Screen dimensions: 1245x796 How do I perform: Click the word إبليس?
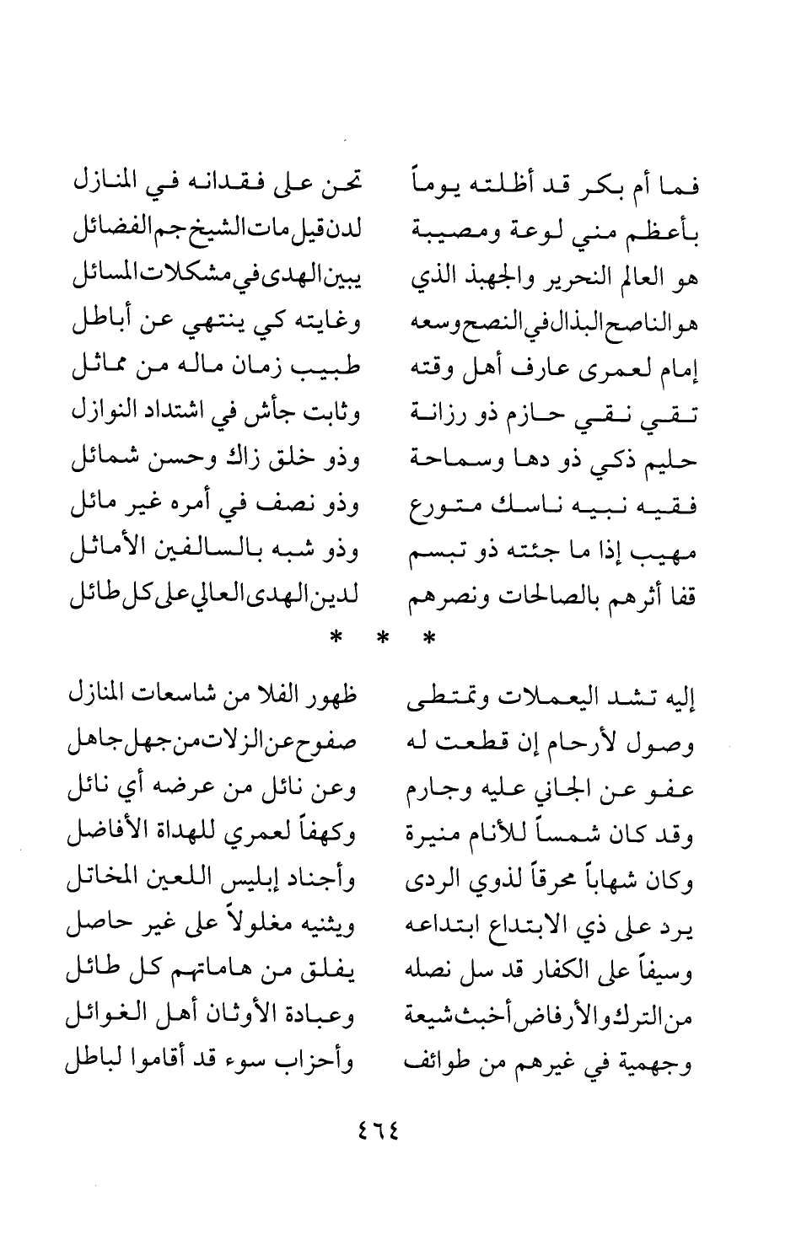(245, 883)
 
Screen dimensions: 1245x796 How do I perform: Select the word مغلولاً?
(251, 929)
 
